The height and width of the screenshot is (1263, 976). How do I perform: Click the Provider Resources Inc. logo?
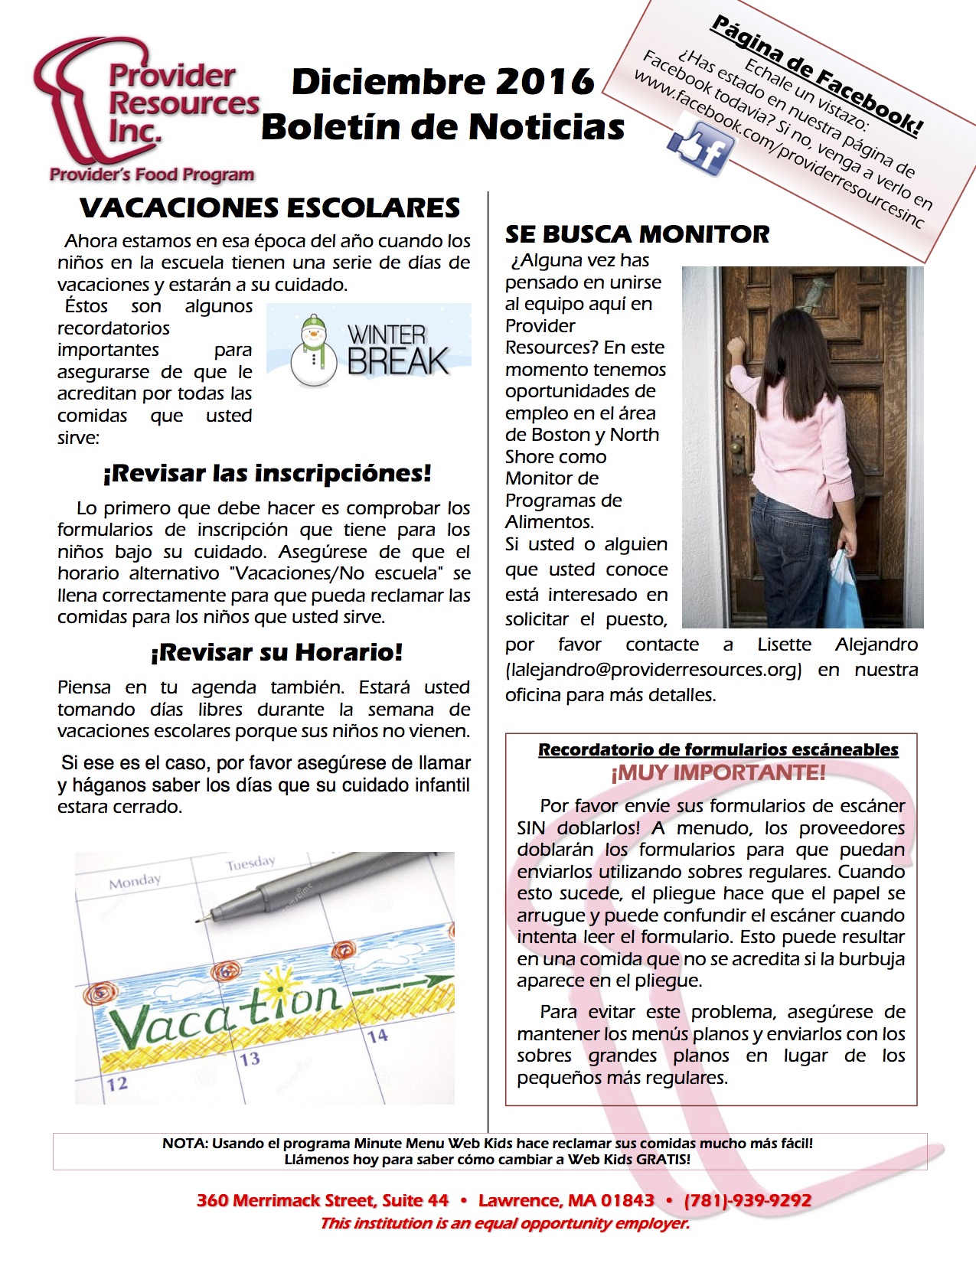(x=145, y=107)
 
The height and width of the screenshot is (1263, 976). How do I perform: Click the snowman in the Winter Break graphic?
(x=313, y=350)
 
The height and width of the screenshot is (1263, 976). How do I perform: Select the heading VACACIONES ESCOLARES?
(x=269, y=207)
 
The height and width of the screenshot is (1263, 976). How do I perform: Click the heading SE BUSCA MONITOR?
(x=637, y=233)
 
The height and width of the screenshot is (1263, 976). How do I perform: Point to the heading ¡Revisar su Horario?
(x=276, y=652)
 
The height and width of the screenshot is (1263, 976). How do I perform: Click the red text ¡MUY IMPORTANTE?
(x=717, y=772)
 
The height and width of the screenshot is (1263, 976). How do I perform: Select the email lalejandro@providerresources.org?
(x=653, y=670)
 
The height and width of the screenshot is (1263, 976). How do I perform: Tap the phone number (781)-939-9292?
(x=747, y=1200)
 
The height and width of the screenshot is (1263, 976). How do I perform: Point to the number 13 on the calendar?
(x=250, y=1059)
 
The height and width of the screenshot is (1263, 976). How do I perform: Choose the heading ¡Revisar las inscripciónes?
(x=266, y=473)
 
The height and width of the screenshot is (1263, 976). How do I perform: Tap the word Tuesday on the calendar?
(x=250, y=863)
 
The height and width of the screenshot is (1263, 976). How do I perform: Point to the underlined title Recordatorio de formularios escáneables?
(x=718, y=749)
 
